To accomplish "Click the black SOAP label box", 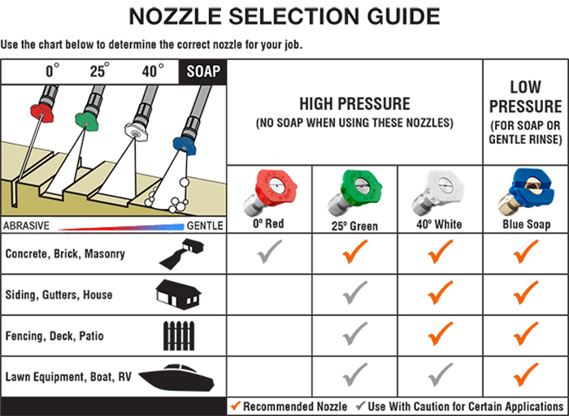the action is pyautogui.click(x=203, y=71).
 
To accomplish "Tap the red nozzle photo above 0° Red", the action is pyautogui.click(x=271, y=193).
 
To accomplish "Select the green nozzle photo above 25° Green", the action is pyautogui.click(x=355, y=193).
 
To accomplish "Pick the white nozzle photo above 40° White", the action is pyautogui.click(x=439, y=193).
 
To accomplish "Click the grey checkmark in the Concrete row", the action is pyautogui.click(x=269, y=251).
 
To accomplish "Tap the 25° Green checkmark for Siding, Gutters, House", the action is pyautogui.click(x=355, y=292).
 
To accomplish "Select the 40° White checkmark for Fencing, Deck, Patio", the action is pyautogui.click(x=441, y=333).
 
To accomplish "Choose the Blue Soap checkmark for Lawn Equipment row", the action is pyautogui.click(x=526, y=375).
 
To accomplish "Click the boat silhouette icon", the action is pyautogui.click(x=176, y=377).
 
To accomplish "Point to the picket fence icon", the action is pyautogui.click(x=179, y=336).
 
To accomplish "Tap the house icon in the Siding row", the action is pyautogui.click(x=178, y=294).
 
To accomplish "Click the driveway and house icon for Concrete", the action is pyautogui.click(x=181, y=253).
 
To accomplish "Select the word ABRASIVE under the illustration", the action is pyautogui.click(x=26, y=226).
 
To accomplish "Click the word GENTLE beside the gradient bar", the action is pyautogui.click(x=205, y=226).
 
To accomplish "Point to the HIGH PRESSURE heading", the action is pyautogui.click(x=354, y=104).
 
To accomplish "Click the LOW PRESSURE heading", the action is pyautogui.click(x=525, y=97).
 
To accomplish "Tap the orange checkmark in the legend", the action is pyautogui.click(x=236, y=406).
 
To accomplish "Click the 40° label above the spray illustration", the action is pyautogui.click(x=153, y=71).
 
